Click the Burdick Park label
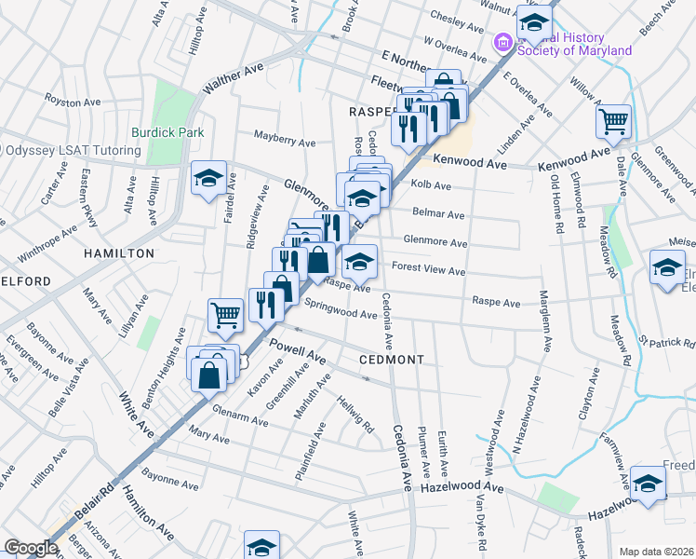click(167, 132)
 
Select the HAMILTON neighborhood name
click(119, 252)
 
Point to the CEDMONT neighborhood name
click(392, 360)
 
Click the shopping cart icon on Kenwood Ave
click(613, 121)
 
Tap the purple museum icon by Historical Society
click(502, 42)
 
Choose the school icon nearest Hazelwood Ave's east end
click(648, 484)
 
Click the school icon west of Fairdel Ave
click(208, 177)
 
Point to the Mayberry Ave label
click(286, 142)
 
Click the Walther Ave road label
click(234, 77)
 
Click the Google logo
click(30, 548)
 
